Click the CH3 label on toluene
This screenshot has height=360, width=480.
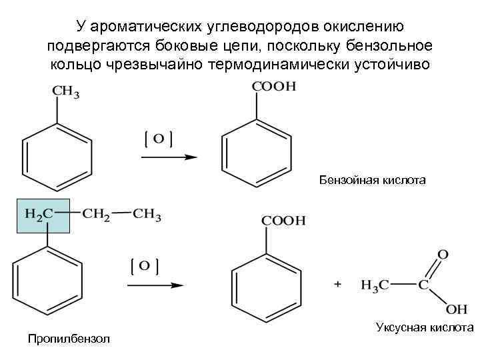point(66,93)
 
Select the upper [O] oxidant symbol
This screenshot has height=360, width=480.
point(159,139)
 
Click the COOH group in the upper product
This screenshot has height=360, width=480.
point(273,87)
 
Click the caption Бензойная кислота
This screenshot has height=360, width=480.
point(371,180)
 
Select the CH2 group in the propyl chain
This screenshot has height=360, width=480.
point(97,214)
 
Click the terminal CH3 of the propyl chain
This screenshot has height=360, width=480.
point(147,214)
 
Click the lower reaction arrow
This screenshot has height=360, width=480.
point(155,285)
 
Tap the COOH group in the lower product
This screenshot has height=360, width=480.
point(283,221)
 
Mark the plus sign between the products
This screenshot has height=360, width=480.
point(338,285)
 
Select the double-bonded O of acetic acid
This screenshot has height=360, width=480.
point(443,255)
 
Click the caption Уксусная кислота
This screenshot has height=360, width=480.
point(424,327)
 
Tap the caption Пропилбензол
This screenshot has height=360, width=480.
point(70,340)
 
